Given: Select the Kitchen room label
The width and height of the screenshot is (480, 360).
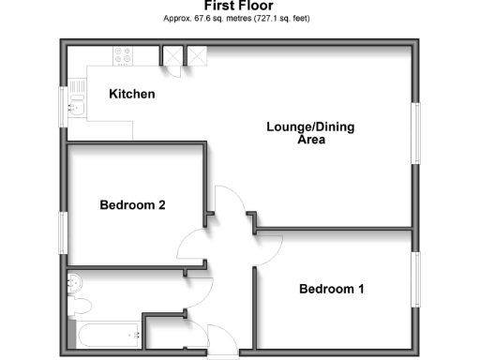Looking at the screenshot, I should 132,95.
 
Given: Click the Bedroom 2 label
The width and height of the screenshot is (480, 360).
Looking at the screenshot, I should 133,205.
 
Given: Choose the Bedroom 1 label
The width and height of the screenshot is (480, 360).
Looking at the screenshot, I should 331,289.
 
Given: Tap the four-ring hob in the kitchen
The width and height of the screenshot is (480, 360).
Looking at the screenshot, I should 123,56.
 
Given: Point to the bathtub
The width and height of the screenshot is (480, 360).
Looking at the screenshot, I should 104,333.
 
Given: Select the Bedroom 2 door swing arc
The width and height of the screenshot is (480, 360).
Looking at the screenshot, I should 193,246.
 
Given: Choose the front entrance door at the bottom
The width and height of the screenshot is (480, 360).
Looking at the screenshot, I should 222,337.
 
